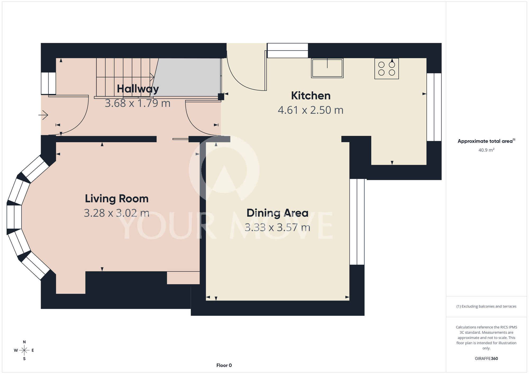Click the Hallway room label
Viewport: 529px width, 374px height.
pos(138,89)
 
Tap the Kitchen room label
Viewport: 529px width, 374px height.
pos(311,96)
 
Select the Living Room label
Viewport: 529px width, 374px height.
pos(117,199)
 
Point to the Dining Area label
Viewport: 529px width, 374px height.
pos(277,213)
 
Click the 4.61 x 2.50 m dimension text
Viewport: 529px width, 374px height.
pos(311,110)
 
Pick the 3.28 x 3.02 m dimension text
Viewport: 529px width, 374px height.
pos(117,213)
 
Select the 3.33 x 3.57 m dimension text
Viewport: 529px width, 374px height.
pos(277,227)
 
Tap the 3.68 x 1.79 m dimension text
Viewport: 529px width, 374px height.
pos(138,103)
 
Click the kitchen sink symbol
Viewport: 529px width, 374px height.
pos(327,68)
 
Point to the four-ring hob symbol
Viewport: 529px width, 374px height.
pos(386,69)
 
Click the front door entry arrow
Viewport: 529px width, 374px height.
pos(43,115)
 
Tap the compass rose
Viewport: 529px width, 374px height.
pos(24,350)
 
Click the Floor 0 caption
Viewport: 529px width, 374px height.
pos(224,365)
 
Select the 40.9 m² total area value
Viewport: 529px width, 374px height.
pos(486,150)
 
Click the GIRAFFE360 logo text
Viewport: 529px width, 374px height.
pos(486,359)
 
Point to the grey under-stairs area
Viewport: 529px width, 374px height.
pos(187,77)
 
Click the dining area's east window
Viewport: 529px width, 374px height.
pos(357,222)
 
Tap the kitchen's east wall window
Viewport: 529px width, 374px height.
pos(434,107)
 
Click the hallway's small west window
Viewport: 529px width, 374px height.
pos(48,83)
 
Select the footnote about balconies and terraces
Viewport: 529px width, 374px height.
pos(486,306)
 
